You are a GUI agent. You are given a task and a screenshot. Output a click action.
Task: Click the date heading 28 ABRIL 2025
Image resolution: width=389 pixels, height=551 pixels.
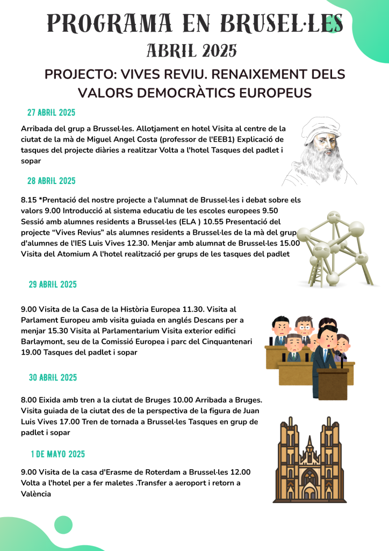(x=51, y=181)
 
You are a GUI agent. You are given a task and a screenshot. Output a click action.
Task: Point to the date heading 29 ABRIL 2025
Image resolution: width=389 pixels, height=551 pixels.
(x=52, y=284)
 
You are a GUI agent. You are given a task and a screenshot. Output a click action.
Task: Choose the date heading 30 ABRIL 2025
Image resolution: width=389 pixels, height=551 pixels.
(x=53, y=378)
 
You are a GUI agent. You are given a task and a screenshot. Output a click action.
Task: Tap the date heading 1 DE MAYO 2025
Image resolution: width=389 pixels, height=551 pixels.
(x=57, y=454)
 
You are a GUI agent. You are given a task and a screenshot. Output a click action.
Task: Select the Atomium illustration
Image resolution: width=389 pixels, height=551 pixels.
(x=336, y=248)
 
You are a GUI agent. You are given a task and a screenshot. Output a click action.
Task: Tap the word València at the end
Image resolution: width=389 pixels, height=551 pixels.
(x=36, y=493)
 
